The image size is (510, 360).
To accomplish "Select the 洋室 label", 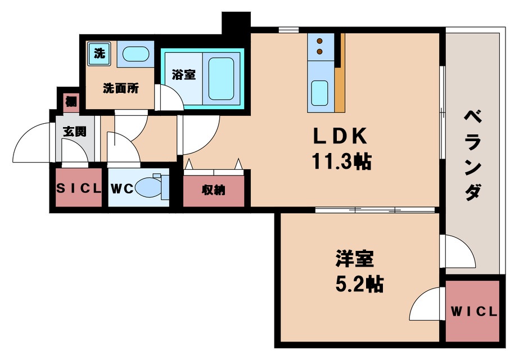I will [x=354, y=260].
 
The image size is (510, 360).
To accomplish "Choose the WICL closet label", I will [x=474, y=312].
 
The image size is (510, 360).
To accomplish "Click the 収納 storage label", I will [x=213, y=190].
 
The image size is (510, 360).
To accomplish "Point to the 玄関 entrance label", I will [x=74, y=132].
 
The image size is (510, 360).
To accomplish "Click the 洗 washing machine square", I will [x=99, y=55].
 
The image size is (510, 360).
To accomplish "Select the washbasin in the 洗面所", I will [x=135, y=55].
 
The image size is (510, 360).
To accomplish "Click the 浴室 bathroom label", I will [x=184, y=74].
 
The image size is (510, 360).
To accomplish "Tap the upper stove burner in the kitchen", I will [x=320, y=40].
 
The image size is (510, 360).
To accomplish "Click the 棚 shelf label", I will [x=71, y=102].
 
